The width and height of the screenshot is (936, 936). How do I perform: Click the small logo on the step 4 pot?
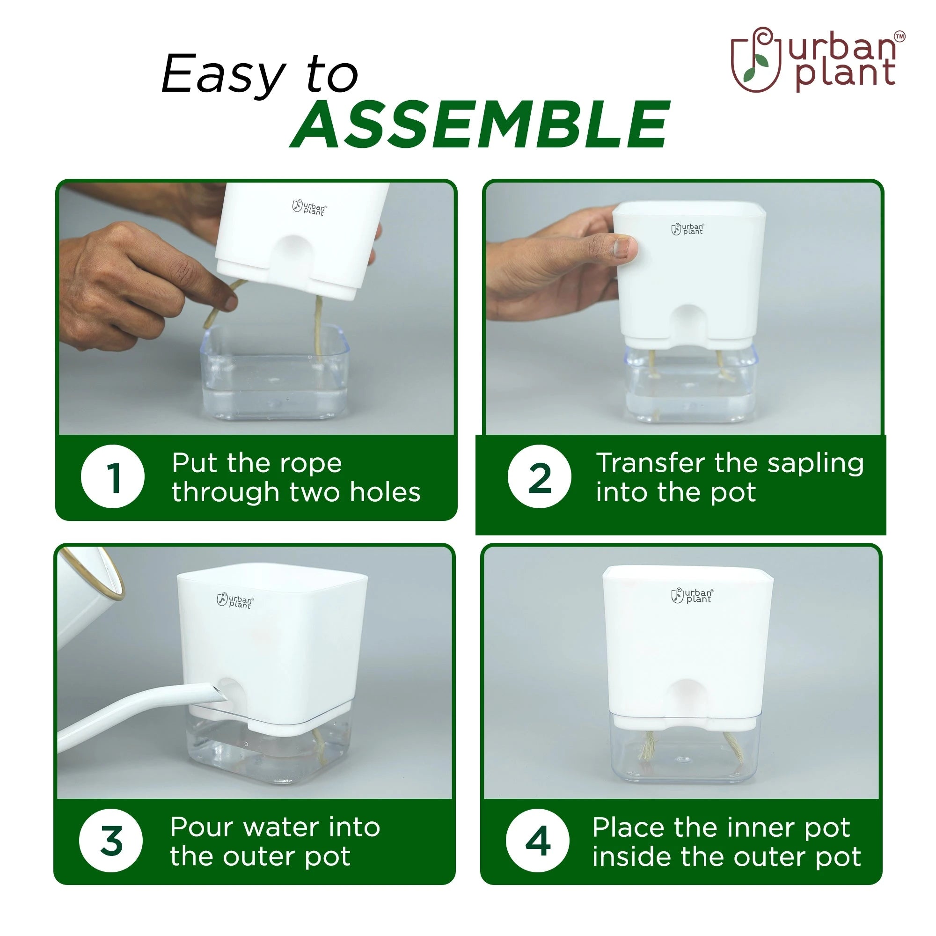tap(692, 595)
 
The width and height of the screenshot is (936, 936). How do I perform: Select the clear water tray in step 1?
tap(275, 372)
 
